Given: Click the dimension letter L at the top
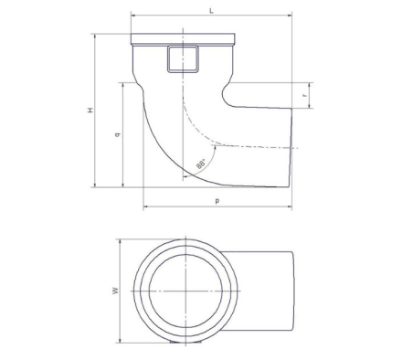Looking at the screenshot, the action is coord(211,11).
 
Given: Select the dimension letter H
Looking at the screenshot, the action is coord(90,111).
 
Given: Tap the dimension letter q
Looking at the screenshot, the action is coord(118,134).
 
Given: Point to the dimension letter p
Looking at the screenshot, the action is coord(217,201).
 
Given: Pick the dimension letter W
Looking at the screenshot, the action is coord(115,291).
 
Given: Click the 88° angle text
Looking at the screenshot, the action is coord(201,164).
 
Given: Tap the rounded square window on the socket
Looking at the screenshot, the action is coord(183,59).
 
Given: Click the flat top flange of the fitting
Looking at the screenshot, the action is coord(183,38).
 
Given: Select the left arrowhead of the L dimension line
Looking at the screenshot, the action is coord(133,15).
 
